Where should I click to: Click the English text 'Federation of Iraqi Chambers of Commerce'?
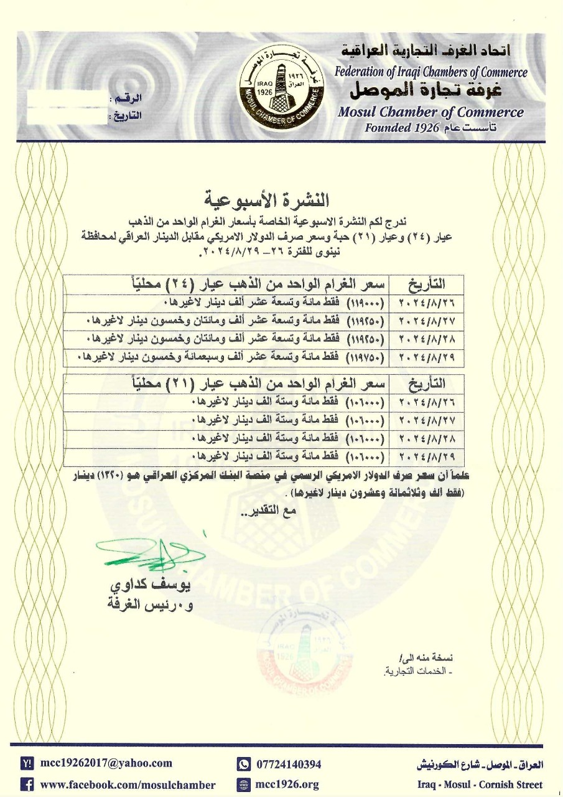[x=430, y=72]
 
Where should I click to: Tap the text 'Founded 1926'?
[x=401, y=128]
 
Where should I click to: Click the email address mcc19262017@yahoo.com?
[x=106, y=763]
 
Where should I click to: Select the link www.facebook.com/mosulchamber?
[x=128, y=785]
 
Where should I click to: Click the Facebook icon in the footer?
[x=27, y=785]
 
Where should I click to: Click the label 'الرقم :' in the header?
[x=126, y=100]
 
